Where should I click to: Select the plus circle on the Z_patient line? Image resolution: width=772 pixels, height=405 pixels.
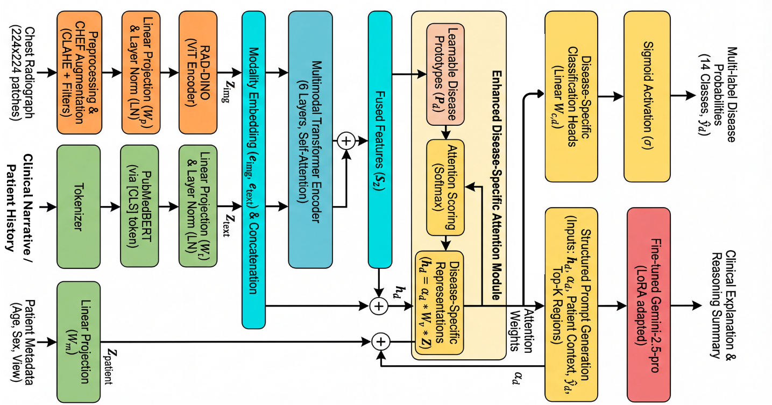[x=380, y=342]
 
